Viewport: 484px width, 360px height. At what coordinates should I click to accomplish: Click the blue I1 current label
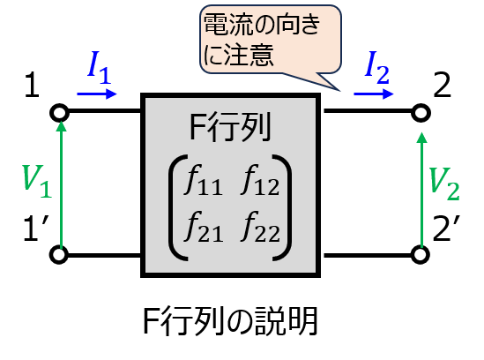tap(99, 68)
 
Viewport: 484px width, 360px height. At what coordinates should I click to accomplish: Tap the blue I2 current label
tap(376, 68)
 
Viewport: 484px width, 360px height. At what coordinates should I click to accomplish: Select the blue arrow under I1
tap(97, 94)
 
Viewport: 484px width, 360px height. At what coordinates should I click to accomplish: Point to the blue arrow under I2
tap(374, 94)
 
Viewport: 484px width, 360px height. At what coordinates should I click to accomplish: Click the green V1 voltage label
tap(37, 182)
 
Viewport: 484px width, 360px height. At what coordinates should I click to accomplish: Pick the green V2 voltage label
tap(444, 184)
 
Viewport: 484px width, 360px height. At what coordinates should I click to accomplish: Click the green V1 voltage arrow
tap(62, 184)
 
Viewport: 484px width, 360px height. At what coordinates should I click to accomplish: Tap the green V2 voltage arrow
tap(421, 190)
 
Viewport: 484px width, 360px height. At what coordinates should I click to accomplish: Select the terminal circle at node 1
tap(59, 112)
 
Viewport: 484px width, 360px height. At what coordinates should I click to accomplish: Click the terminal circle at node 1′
tap(59, 255)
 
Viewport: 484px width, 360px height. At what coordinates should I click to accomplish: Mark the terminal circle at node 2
tap(421, 113)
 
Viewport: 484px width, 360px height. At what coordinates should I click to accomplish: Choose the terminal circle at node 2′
tap(421, 255)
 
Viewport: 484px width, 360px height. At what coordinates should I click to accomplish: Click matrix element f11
tap(203, 181)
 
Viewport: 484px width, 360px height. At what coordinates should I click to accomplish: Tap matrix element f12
tap(260, 181)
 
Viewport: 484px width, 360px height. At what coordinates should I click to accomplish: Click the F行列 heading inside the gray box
tap(230, 127)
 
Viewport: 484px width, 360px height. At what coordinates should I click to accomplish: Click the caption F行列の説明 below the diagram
tap(230, 321)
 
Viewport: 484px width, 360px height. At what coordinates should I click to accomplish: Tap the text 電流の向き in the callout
tap(262, 25)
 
